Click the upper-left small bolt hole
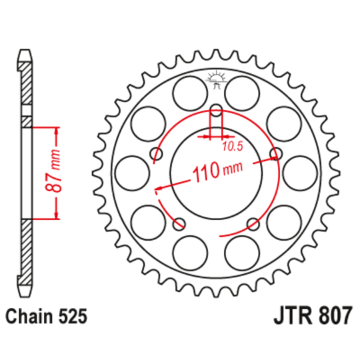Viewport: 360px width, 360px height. (x=157, y=155)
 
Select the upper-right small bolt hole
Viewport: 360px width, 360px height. (x=275, y=154)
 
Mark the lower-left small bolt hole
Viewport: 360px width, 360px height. (x=179, y=224)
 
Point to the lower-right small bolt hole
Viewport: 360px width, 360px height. (x=253, y=223)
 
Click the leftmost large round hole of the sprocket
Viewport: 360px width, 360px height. (x=131, y=173)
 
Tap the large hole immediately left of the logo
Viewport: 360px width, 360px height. (x=189, y=93)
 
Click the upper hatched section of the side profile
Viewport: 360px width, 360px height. (x=25, y=87)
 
